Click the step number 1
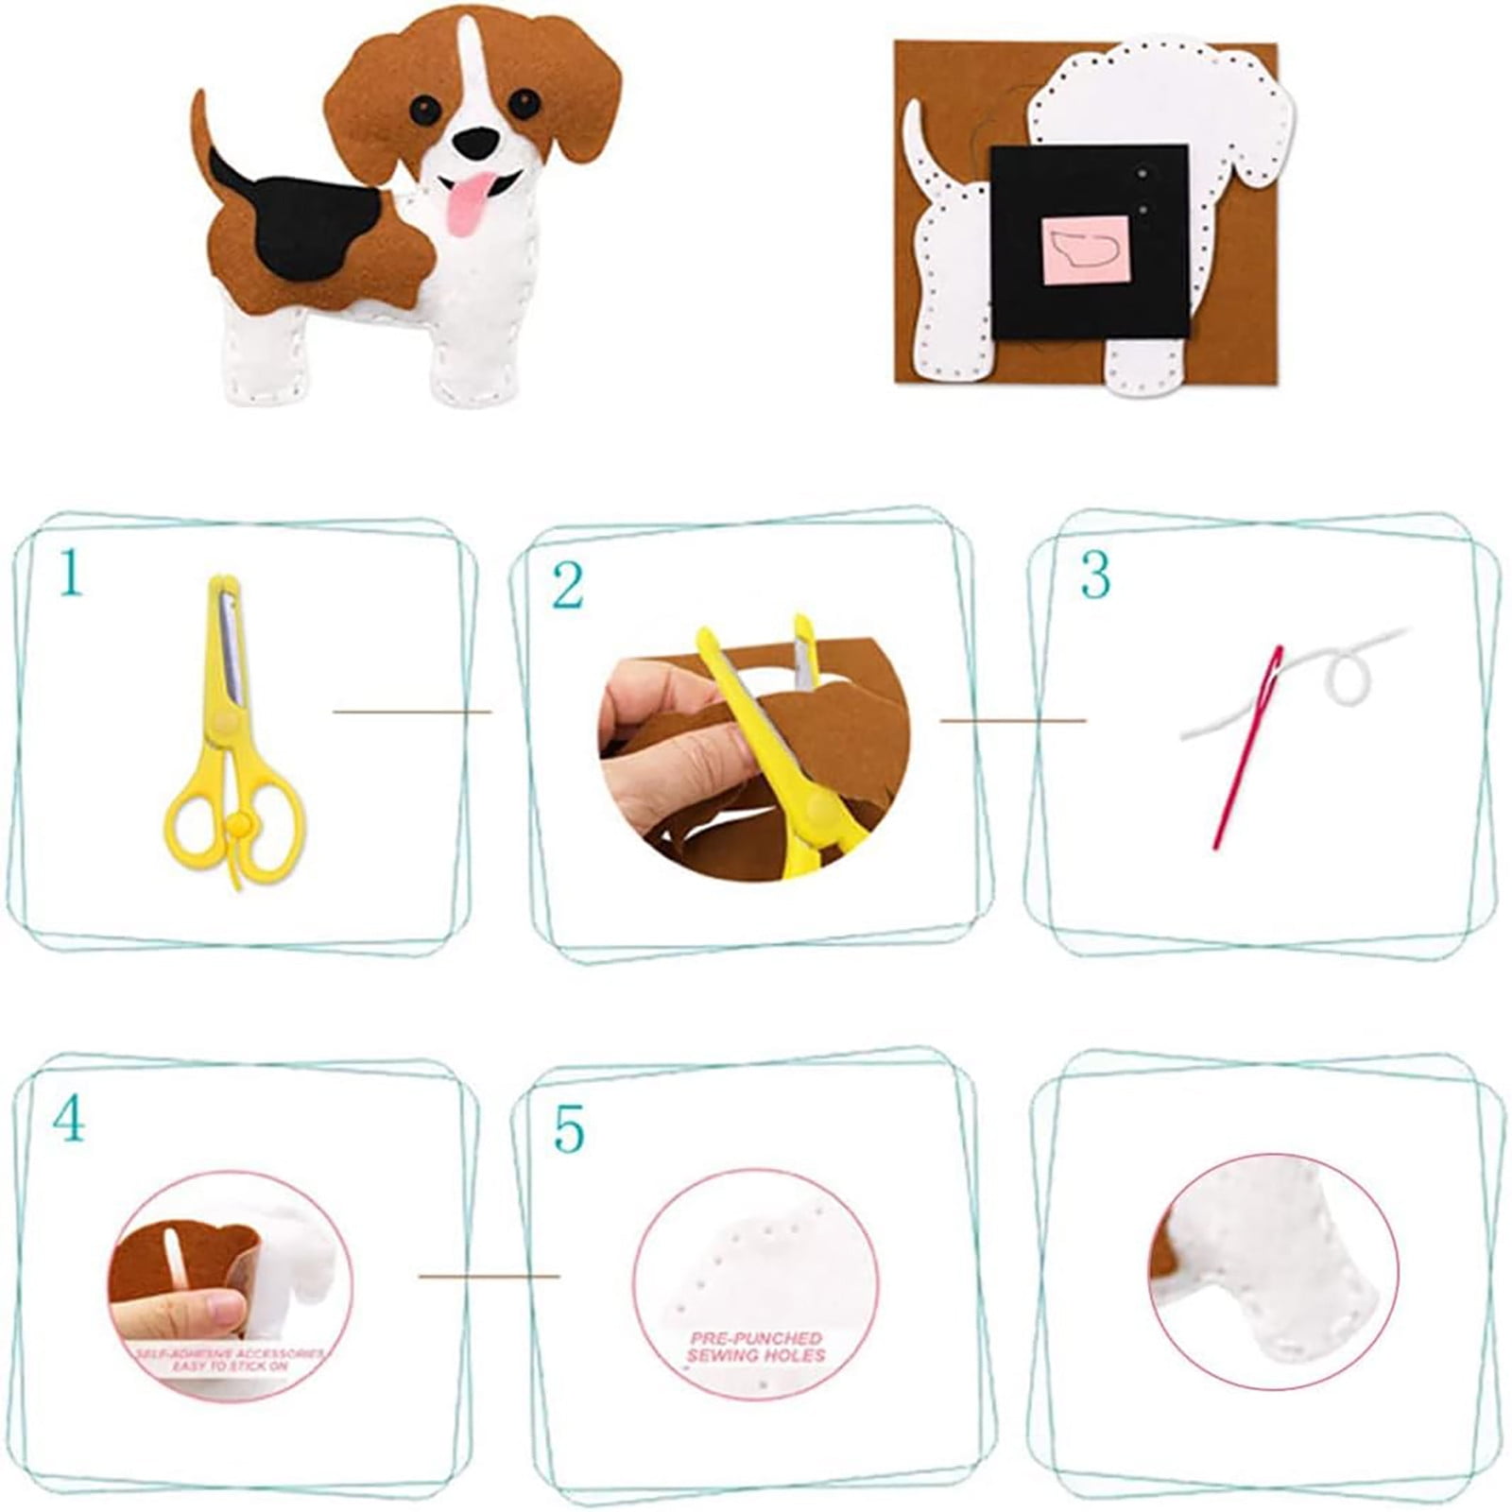tap(70, 574)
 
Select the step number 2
tap(568, 587)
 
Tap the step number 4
tap(69, 1122)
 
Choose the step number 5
tap(569, 1128)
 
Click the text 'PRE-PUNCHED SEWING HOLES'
tap(756, 1347)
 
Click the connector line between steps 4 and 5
tap(489, 1276)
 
